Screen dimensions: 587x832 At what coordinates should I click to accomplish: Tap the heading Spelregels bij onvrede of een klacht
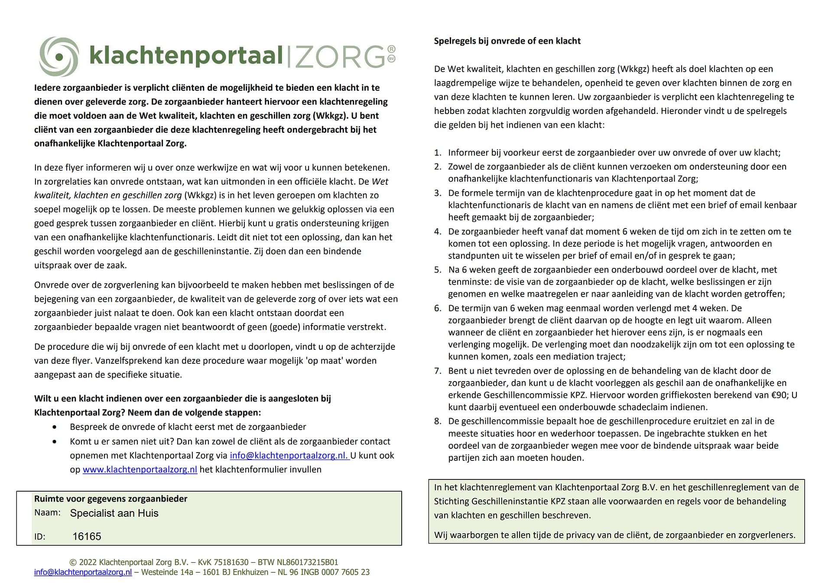coord(507,41)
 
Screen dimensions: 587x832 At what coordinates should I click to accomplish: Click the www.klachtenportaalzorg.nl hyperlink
coord(140,470)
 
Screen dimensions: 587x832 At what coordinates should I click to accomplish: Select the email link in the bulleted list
coord(289,455)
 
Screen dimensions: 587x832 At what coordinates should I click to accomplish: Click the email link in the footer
coord(83,572)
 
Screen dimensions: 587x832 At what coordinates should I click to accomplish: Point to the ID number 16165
coord(87,536)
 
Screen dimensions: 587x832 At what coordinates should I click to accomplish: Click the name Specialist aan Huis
coord(114,513)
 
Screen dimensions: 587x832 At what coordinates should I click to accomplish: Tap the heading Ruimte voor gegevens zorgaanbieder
coord(110,499)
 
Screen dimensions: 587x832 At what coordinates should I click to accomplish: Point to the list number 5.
coord(438,270)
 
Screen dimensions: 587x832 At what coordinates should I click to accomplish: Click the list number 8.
coord(438,421)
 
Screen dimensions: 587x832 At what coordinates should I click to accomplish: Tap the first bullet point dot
coord(54,427)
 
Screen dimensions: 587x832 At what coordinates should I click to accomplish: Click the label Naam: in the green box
coord(48,512)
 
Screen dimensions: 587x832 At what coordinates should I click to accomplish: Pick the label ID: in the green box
coord(39,537)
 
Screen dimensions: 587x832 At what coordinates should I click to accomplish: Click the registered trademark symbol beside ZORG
coord(391,49)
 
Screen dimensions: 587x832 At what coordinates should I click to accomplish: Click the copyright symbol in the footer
coord(73,562)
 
